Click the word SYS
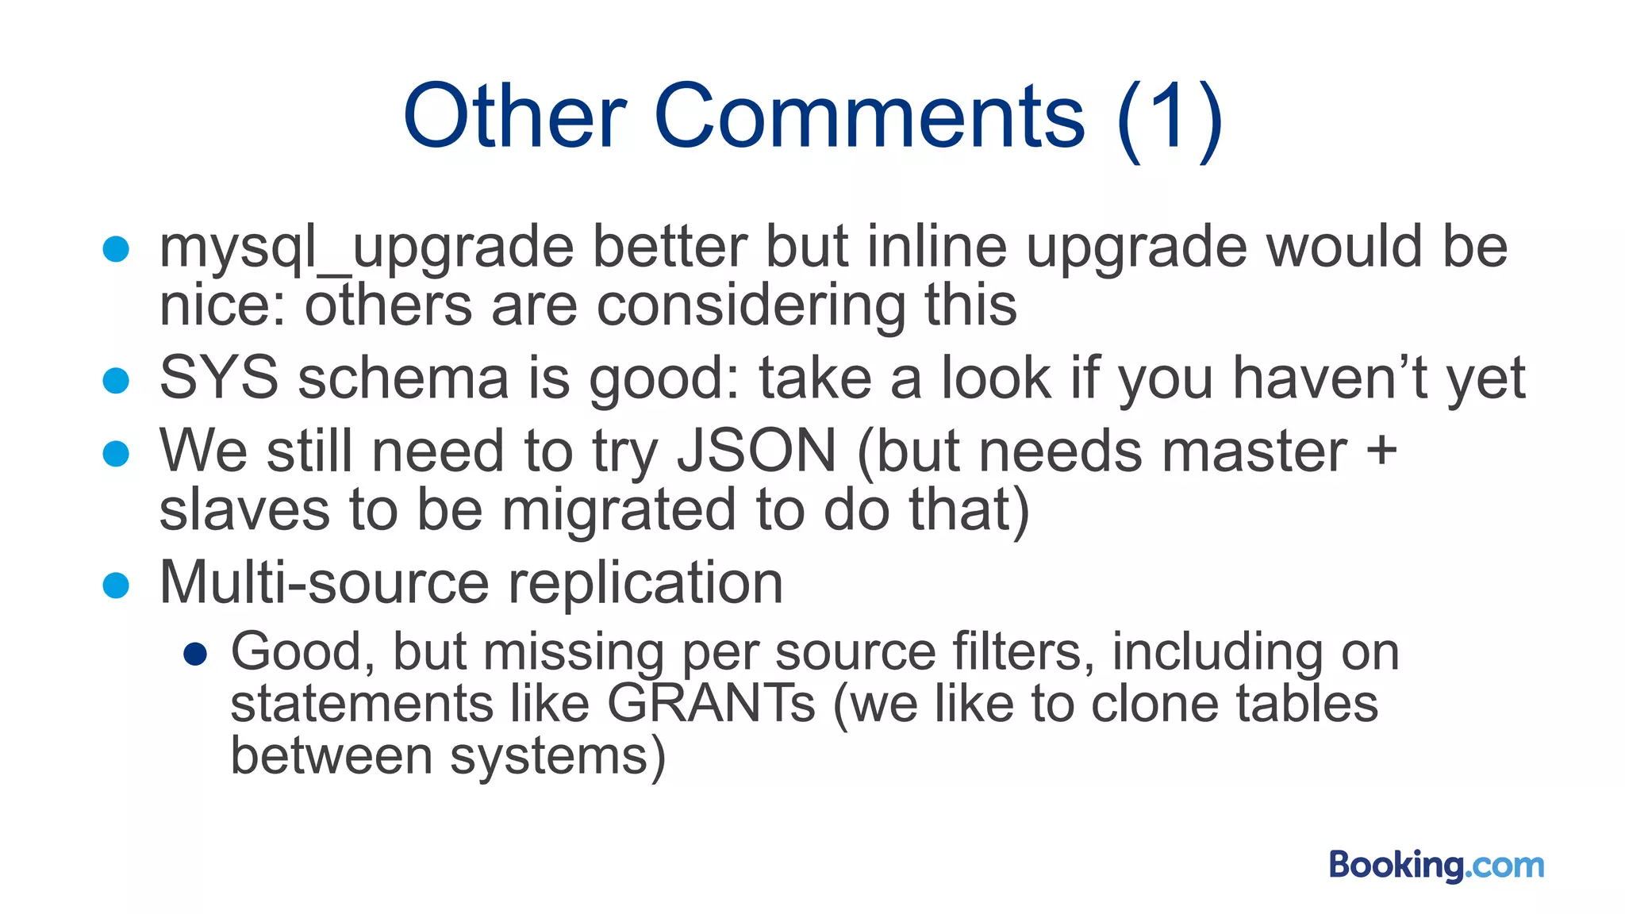219,378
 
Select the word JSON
756,451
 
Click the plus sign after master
1381,450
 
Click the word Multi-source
324,582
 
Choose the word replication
645,582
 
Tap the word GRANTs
711,703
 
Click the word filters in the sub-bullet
1023,651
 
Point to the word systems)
558,755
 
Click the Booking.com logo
1436,865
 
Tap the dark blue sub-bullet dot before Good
195,655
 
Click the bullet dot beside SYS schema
116,380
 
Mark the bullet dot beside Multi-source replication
116,586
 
